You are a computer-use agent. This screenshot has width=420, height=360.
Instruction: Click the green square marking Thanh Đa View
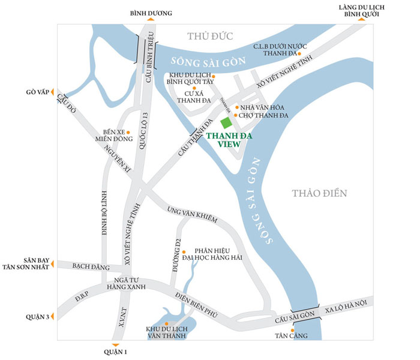tap(226, 122)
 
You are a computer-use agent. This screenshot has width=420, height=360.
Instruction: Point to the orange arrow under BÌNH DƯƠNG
tap(151, 20)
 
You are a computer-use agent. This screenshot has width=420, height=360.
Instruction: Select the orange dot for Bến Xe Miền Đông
tap(128, 132)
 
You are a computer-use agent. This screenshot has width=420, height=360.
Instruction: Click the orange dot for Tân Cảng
tap(292, 329)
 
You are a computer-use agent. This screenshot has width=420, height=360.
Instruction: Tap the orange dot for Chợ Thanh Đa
tap(235, 115)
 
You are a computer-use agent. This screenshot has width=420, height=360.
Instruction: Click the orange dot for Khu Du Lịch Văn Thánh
tap(166, 323)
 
